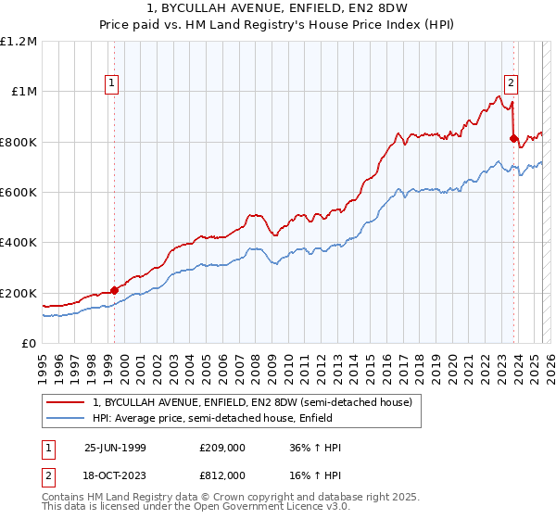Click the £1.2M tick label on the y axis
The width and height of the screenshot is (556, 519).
pos(19,41)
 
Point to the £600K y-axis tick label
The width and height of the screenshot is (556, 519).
pos(19,193)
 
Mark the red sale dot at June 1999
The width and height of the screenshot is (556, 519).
pos(115,290)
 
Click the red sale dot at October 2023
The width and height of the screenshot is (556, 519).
pos(513,138)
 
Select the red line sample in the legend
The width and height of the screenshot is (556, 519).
pos(66,402)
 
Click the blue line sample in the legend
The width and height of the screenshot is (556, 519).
pos(66,418)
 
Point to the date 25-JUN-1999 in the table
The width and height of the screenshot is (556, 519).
pos(117,448)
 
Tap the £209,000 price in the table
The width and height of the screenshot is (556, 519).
pos(221,448)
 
